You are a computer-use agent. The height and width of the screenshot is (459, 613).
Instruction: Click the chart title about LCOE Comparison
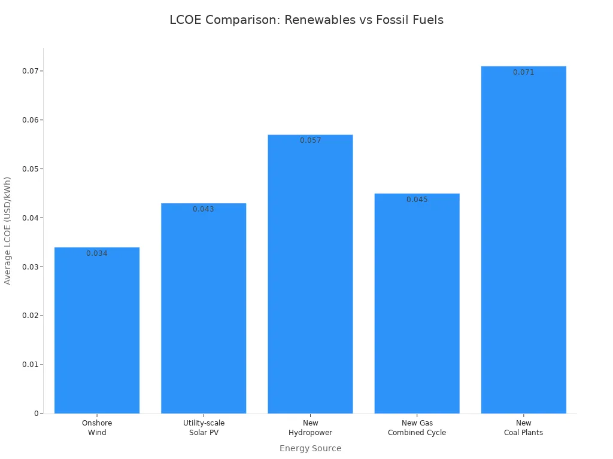pos(306,20)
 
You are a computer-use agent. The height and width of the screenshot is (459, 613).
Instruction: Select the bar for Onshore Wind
pos(97,330)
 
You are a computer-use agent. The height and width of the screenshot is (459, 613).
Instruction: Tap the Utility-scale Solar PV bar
pos(204,308)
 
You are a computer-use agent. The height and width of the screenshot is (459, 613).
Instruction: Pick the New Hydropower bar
pos(311,274)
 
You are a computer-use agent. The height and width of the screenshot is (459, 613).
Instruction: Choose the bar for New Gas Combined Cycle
pos(417,303)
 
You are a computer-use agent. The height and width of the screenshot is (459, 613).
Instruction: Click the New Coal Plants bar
pos(523,240)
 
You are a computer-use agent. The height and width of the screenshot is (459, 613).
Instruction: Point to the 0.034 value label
pos(97,253)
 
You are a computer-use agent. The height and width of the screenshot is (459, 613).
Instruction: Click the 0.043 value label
pos(204,209)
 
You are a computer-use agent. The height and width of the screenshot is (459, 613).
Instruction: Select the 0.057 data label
pos(311,140)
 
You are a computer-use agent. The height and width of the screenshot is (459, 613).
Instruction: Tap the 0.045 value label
pos(417,200)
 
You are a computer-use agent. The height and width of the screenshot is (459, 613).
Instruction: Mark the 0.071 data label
pos(523,72)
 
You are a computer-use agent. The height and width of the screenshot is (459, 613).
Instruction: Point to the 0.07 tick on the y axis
pos(31,71)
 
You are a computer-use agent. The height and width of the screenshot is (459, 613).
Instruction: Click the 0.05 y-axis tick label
pos(31,169)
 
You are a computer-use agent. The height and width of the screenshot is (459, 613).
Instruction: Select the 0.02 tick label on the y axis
pos(31,316)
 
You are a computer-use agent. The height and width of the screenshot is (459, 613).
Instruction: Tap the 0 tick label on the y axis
pos(37,414)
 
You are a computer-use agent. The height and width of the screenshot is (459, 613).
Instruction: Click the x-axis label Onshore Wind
pos(97,428)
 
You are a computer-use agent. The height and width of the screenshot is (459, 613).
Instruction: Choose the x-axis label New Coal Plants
pos(523,428)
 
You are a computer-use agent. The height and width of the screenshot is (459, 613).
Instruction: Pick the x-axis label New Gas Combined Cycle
pos(417,428)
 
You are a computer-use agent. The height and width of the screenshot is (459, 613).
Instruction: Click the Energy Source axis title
pos(311,448)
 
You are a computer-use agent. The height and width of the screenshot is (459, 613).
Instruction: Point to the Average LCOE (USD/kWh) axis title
pos(7,231)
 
